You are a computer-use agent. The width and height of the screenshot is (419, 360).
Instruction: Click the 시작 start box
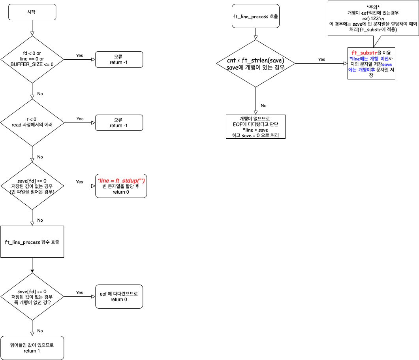coord(32,12)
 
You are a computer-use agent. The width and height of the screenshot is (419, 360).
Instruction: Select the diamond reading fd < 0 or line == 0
coord(32,59)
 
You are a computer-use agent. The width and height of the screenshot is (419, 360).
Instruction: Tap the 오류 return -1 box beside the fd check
coord(118,59)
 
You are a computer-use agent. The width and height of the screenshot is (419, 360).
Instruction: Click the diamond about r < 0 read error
coord(32,122)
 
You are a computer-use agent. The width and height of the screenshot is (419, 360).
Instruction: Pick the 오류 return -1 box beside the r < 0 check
coord(118,123)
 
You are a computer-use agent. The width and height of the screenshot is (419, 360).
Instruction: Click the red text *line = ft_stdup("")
coord(121,180)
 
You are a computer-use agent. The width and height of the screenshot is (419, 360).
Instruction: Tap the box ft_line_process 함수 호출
coord(32,242)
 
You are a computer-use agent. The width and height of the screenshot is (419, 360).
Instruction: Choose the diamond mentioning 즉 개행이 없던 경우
coord(32,297)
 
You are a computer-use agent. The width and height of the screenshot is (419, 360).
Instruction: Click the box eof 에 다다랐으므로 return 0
coord(118,296)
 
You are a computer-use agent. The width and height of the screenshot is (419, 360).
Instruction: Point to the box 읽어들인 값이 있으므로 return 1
coord(32,348)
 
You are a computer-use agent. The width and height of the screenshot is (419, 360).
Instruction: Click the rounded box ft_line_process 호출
coord(256,16)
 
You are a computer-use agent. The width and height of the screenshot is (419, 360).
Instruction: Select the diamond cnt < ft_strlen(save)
coord(256,64)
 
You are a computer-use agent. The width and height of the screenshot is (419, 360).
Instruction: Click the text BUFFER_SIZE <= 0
coord(32,64)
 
